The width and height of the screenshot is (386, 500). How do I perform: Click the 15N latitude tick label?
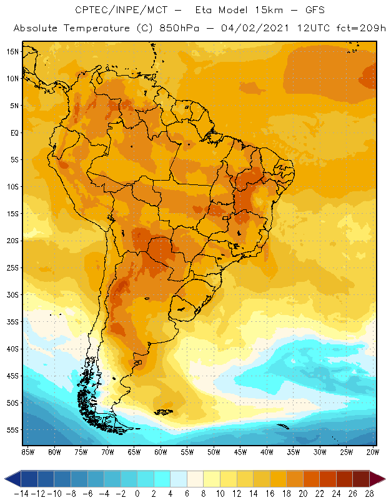tap(12, 51)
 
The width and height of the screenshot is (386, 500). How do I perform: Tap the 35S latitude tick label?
tap(12, 321)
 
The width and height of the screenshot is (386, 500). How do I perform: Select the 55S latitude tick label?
tap(12, 430)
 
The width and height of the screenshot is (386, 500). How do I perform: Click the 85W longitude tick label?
tap(27, 452)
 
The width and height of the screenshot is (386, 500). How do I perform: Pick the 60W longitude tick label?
tap(161, 452)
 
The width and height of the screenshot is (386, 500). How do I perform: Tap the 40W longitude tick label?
tap(267, 452)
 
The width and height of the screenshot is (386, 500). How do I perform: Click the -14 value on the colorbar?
tap(21, 493)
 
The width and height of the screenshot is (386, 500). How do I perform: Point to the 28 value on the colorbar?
tap(369, 493)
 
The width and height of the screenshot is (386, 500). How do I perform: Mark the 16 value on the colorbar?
tap(270, 493)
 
